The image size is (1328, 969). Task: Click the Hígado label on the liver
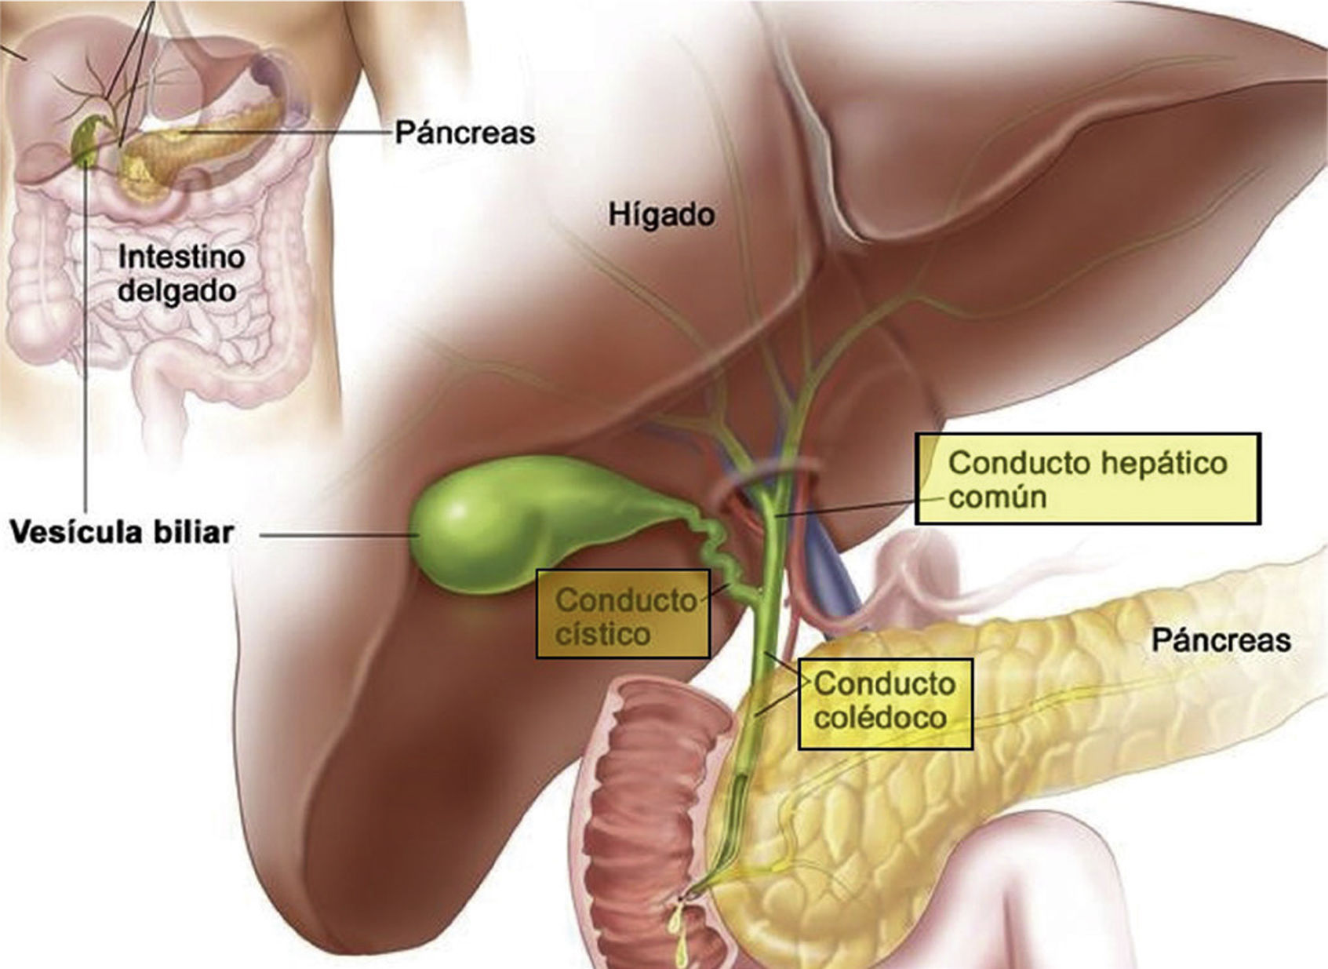[661, 214]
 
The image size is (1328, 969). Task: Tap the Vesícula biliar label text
[122, 533]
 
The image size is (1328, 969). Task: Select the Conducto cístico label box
[623, 614]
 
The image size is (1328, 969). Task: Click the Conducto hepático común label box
[1087, 479]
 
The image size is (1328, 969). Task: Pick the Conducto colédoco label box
[885, 703]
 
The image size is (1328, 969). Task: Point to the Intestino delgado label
[180, 274]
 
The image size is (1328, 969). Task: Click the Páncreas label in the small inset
[464, 132]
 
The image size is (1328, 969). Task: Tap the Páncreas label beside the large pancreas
[1221, 641]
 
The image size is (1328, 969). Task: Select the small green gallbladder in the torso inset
[86, 141]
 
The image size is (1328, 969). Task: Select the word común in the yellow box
[997, 497]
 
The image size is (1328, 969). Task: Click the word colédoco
[879, 718]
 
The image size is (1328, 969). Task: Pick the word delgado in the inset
[176, 292]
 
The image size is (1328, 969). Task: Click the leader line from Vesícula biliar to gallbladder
[337, 536]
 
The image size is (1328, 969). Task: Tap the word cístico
[602, 634]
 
